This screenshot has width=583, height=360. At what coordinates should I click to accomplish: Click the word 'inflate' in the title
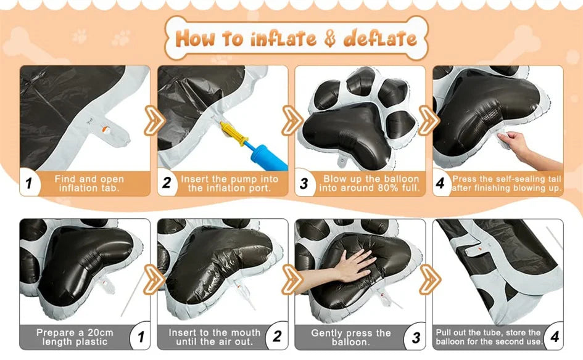click(x=283, y=39)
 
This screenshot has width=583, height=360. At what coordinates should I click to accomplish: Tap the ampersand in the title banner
click(x=329, y=39)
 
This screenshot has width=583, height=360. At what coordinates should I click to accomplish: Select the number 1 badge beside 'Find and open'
click(x=28, y=183)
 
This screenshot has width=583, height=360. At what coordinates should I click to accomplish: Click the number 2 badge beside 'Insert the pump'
click(x=166, y=182)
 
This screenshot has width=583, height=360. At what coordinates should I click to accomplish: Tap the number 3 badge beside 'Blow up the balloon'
click(x=304, y=183)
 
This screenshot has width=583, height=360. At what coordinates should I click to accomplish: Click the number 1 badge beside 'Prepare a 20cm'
click(x=141, y=337)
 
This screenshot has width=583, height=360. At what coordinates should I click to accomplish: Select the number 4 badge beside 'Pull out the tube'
click(x=555, y=337)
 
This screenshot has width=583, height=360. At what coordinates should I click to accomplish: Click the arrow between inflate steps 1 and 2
click(x=154, y=120)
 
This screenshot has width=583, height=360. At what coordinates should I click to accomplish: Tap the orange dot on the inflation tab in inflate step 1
click(x=106, y=130)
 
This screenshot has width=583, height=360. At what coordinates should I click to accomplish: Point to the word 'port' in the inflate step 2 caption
click(x=258, y=188)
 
